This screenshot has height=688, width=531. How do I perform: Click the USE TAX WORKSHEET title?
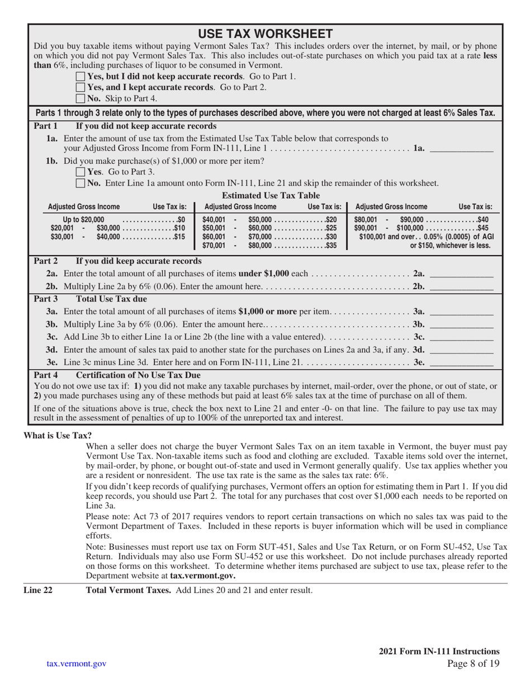pos(265,34)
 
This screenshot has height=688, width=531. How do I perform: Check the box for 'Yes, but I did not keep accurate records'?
pos(80,76)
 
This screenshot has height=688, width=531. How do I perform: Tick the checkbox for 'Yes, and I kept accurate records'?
pos(80,87)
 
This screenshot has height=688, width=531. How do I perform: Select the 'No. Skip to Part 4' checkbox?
pos(80,98)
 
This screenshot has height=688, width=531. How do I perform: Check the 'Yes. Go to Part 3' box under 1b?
pos(80,172)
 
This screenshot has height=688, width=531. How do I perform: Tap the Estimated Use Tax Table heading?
pos(271,195)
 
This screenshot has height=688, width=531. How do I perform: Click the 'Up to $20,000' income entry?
pos(83,219)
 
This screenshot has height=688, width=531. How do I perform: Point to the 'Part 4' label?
pos(46,375)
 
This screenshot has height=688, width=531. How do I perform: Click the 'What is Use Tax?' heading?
pos(58,435)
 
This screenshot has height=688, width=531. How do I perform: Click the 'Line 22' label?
pos(37,590)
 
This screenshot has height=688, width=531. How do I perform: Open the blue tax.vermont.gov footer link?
pos(77,663)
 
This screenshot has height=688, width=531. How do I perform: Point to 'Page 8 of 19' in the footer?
pos(473,664)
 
